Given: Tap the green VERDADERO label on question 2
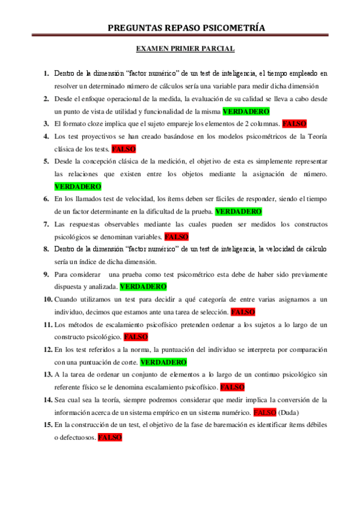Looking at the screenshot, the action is pos(246,111).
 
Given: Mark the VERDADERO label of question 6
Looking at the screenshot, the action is pos(238,212).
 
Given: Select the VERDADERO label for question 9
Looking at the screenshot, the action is pos(143,287).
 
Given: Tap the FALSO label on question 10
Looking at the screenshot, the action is pos(243,312).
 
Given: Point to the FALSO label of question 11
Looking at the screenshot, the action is pos(136,337).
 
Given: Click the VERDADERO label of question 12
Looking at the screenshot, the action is pos(163,363).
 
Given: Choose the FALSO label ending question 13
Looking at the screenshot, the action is pos(232,387).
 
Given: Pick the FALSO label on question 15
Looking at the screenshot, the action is pos(110,438).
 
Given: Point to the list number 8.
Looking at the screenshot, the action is pos(46,249).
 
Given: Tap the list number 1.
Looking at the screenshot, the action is pos(46,73).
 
